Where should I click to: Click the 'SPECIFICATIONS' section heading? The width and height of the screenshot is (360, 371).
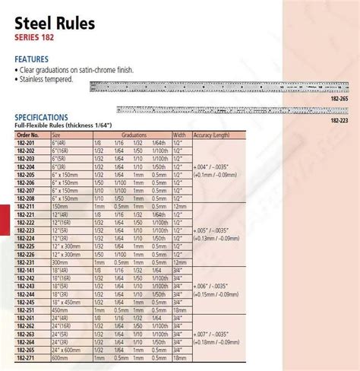tap(46, 118)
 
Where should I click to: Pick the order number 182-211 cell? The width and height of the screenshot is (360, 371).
tap(25, 205)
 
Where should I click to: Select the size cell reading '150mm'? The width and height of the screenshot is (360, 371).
tap(61, 205)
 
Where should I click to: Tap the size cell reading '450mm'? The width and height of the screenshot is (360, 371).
tap(61, 310)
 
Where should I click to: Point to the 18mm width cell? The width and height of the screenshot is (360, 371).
tap(179, 310)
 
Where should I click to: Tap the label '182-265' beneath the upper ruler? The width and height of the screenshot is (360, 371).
tap(339, 97)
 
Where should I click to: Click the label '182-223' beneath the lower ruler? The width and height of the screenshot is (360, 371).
tap(339, 119)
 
